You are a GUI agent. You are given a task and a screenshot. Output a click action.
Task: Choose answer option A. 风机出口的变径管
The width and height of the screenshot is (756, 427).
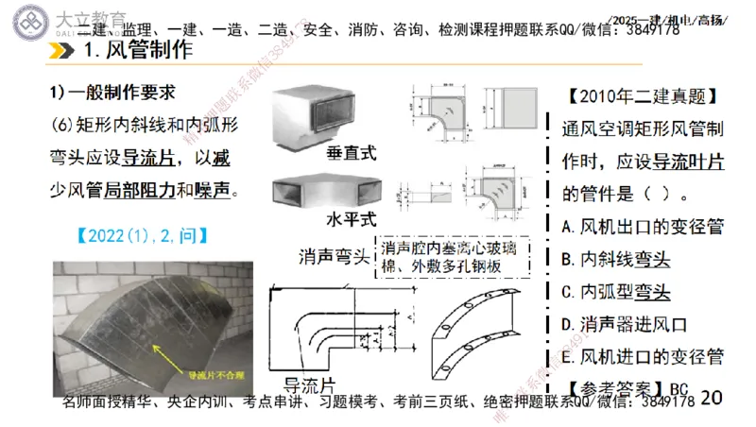coord(642,227)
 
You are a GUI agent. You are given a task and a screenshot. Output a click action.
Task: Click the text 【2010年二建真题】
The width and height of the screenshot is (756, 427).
coord(646,96)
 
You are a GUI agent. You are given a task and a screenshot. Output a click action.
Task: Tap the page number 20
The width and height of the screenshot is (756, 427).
coord(712,396)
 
